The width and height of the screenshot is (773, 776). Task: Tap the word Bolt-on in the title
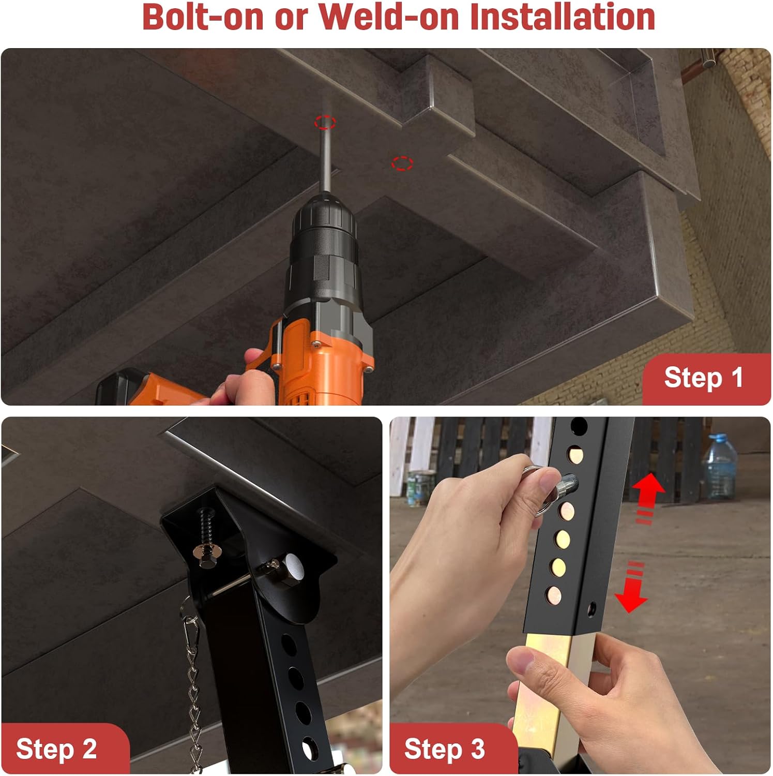(203, 17)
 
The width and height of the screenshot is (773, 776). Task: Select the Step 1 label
(704, 377)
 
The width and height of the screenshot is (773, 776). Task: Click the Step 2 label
(56, 749)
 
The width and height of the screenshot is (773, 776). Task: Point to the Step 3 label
(445, 749)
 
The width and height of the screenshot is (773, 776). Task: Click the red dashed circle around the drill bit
(325, 123)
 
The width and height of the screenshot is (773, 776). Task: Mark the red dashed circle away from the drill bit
(402, 163)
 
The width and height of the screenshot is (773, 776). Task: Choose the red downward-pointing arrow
(632, 587)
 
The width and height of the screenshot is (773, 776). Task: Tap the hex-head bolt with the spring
(205, 538)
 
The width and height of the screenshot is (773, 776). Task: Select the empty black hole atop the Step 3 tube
(579, 427)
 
